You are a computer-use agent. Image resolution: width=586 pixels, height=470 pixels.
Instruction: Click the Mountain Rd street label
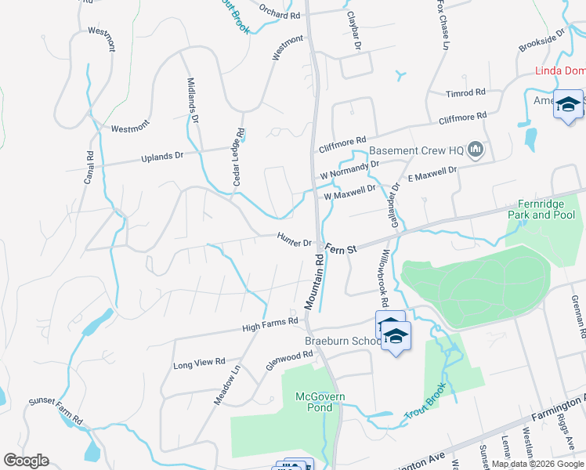click(x=313, y=280)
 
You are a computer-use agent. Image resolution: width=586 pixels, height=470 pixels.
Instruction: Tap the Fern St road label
click(x=342, y=248)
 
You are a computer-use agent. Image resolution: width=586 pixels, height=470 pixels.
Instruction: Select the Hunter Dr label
click(x=295, y=239)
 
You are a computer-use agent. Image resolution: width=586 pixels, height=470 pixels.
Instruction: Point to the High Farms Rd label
click(x=270, y=324)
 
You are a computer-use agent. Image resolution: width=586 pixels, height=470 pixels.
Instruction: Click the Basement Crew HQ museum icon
click(x=475, y=149)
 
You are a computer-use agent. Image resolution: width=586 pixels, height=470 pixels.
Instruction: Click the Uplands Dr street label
click(x=161, y=157)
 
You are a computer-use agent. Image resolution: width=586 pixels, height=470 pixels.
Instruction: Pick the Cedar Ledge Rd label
click(x=237, y=157)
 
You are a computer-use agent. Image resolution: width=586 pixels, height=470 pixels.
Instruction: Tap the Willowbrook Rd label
click(x=383, y=277)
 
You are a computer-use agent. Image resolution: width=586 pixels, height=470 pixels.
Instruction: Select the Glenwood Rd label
click(x=289, y=361)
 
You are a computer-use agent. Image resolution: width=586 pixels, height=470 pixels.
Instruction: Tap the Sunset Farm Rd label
click(x=56, y=410)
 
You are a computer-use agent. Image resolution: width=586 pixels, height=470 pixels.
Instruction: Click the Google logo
click(x=25, y=461)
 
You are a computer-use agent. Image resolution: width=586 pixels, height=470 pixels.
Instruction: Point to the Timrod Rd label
click(x=466, y=93)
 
